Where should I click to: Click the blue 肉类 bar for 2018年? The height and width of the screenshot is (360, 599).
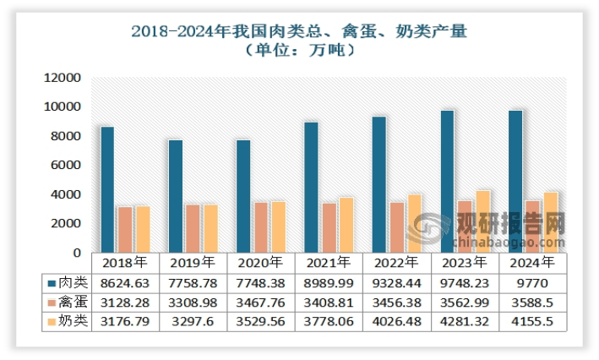tap(106, 189)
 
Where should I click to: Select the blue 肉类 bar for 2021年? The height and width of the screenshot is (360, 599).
tap(311, 187)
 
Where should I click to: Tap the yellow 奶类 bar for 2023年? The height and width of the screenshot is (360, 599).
tap(482, 221)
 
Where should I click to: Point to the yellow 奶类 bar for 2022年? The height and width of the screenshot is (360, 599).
tap(414, 223)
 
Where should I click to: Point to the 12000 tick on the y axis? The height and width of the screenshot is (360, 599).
tap(62, 78)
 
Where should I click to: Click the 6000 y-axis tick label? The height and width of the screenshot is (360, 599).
tap(65, 165)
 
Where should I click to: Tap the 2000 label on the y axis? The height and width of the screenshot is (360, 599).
tap(65, 223)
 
